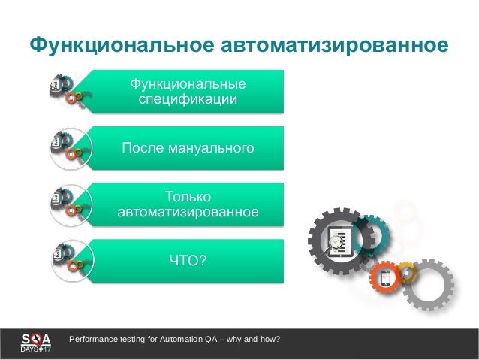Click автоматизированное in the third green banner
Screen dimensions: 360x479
coord(188,212)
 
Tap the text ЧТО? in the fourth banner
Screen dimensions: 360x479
coord(188,260)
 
